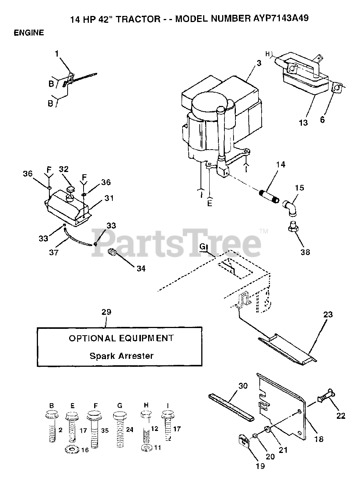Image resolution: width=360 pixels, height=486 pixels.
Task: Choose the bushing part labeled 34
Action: point(112,252)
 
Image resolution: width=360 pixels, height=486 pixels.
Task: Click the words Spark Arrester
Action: point(122,356)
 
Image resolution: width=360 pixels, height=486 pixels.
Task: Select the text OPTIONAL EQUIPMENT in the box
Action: point(121,338)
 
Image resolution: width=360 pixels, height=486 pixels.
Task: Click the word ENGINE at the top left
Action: point(29,33)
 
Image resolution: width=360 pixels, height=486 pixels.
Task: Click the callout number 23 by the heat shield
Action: point(328,314)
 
